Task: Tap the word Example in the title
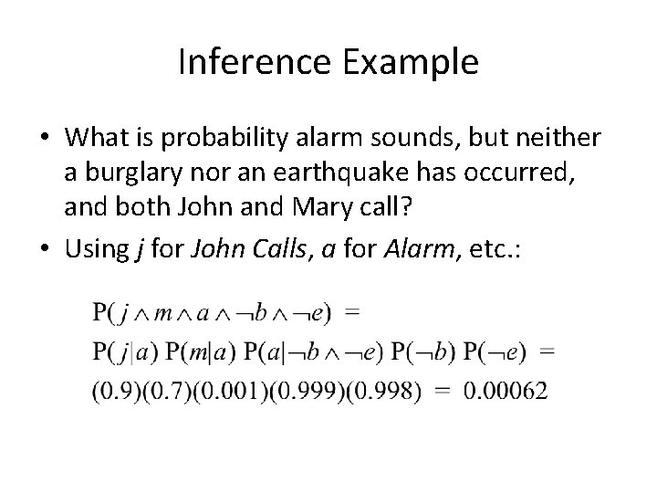pos(416,62)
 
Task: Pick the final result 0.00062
pos(506,392)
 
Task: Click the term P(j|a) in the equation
pos(125,351)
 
